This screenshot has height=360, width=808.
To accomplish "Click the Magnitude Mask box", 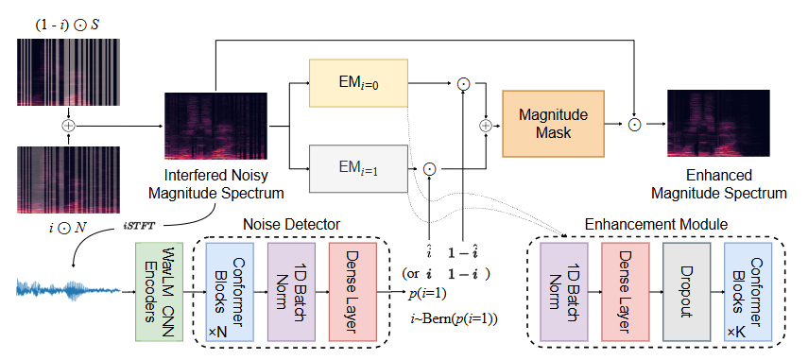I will coord(553,123).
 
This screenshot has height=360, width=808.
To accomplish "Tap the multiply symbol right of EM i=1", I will coord(429,168).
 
